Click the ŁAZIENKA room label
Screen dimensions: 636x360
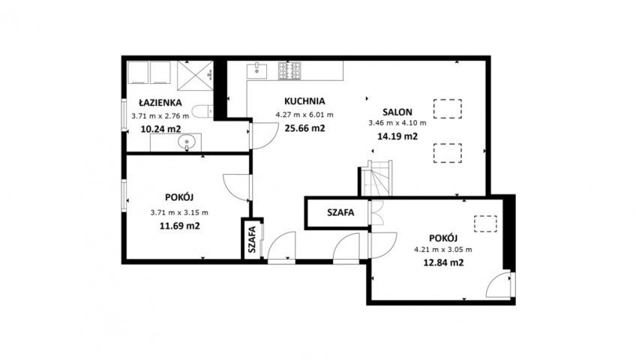160,103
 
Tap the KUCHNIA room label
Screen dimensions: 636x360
304,101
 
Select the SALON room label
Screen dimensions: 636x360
397,112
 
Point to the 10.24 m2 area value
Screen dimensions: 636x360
160,129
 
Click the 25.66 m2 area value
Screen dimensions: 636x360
304,128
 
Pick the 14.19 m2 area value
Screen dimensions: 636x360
397,136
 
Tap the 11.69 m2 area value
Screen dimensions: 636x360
180,226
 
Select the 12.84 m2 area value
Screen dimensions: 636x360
443,262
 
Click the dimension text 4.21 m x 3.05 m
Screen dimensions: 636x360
443,250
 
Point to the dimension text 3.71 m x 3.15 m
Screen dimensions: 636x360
179,212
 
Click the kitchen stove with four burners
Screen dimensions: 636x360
289,70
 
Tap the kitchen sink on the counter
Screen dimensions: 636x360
256,70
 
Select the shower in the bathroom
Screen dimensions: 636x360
195,76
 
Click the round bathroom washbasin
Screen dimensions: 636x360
187,142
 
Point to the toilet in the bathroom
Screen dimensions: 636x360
202,112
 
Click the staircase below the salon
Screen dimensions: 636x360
377,178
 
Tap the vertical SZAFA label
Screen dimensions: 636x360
252,239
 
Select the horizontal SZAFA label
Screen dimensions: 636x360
340,212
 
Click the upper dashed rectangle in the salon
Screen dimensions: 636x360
448,109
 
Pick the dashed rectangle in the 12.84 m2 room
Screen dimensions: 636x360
485,223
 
